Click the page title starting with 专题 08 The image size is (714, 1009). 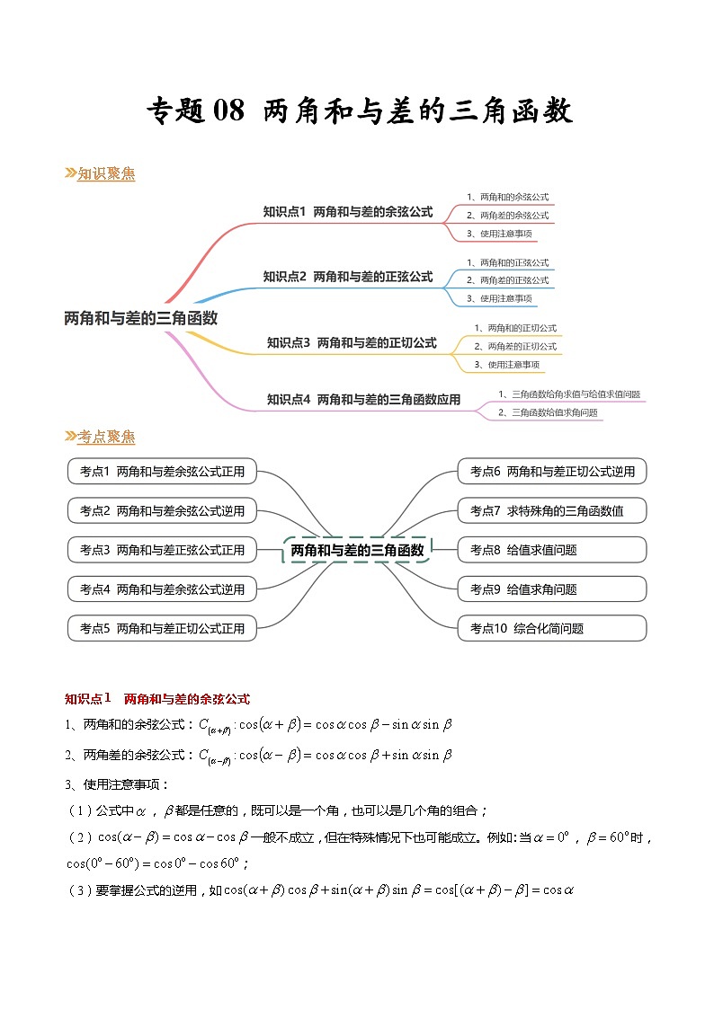359,112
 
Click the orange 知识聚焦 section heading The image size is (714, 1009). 105,174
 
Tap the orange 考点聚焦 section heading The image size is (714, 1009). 105,437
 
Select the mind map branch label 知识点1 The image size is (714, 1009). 347,212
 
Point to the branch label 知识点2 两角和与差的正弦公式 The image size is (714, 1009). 347,277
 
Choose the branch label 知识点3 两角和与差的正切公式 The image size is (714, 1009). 351,342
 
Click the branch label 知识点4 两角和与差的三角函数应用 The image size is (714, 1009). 363,400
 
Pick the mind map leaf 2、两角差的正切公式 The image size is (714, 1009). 515,346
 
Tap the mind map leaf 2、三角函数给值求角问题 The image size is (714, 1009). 548,412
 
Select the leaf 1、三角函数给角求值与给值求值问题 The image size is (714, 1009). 568,394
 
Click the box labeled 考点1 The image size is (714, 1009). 162,472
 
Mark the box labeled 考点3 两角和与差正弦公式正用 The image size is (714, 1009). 162,550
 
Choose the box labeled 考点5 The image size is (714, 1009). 162,628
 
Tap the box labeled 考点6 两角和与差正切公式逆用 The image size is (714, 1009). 552,472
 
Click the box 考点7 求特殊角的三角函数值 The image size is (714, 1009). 552,510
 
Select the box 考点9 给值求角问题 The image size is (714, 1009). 552,589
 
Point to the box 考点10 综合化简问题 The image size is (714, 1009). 552,628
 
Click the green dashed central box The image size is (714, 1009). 357,550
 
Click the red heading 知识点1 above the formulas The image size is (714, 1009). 157,698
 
